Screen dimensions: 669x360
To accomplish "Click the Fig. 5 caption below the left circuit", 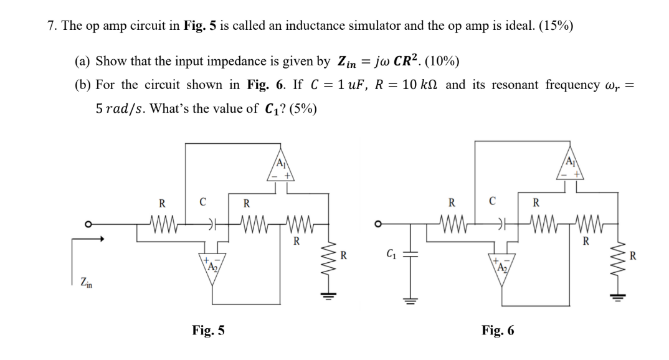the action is [x=209, y=330].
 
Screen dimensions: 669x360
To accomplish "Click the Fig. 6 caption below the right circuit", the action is [x=498, y=330].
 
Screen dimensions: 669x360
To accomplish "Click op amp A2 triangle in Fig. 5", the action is [x=212, y=265].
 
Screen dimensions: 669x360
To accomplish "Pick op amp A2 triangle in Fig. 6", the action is [x=501, y=265].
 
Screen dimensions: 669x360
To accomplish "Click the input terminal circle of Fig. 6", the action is [x=377, y=224].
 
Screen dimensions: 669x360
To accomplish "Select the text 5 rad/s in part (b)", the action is [x=121, y=108].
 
